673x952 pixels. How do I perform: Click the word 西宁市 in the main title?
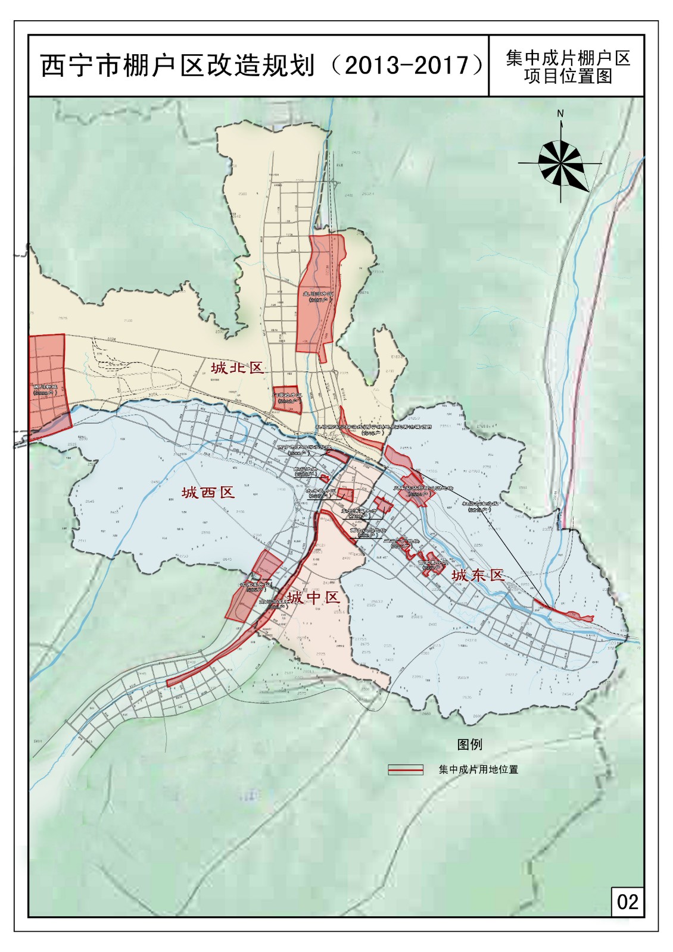pos(73,65)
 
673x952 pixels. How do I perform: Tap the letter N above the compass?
pos(560,114)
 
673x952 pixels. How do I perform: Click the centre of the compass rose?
pos(560,162)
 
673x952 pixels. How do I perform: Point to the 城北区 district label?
pos(236,368)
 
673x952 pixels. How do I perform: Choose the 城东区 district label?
pos(478,575)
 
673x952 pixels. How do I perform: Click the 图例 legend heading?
pos(469,744)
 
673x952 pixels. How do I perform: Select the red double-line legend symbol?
pos(405,769)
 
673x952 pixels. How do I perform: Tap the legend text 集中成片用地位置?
pos(478,769)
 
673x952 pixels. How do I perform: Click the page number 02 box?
pos(627,901)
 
